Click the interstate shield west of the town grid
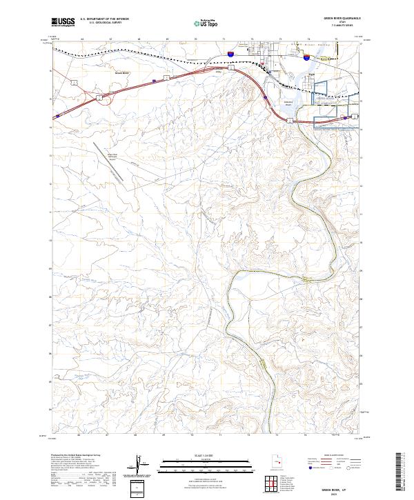231,52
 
